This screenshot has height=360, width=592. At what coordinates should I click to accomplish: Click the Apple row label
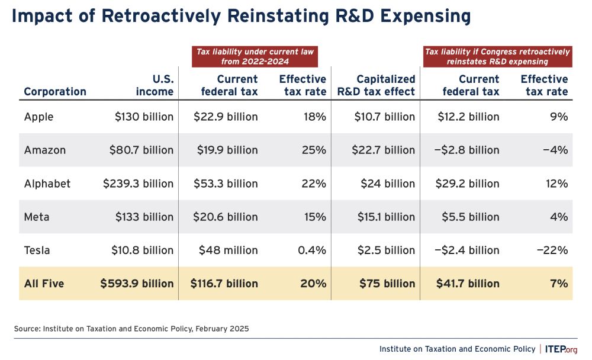pos(38,117)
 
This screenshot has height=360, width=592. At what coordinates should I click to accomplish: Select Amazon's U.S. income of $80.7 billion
pos(141,150)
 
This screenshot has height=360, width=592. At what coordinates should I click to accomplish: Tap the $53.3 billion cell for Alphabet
pos(226,184)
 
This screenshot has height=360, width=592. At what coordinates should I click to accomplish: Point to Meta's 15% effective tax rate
pos(314,217)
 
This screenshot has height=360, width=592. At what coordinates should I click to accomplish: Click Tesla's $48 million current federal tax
pos(228,250)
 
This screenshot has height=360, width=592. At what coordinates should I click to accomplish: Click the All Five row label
pos(44,284)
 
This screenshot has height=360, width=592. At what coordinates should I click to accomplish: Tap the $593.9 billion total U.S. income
pos(137,284)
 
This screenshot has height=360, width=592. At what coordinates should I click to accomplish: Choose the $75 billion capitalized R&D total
pos(387,284)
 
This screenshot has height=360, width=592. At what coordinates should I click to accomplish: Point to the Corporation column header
pos(55,91)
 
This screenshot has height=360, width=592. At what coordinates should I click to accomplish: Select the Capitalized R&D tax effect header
pos(377,85)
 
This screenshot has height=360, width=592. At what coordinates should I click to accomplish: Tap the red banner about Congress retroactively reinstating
pos(497,56)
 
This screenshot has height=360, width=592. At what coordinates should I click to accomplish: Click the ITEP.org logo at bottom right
pos(561,349)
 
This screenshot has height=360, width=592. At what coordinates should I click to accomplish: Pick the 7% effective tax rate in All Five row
pos(558,284)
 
